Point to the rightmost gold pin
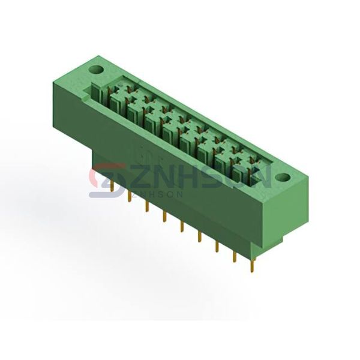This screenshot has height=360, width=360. click(253, 265)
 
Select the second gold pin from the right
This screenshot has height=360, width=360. click(235, 256)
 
